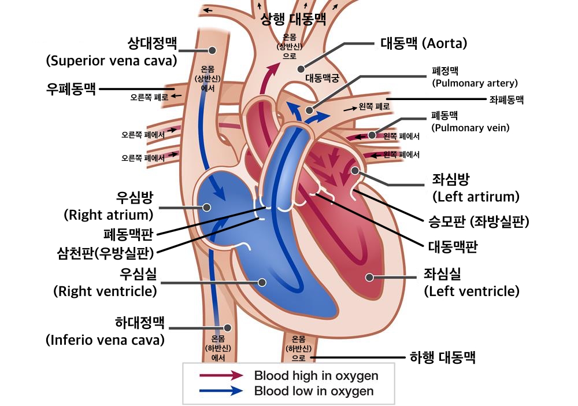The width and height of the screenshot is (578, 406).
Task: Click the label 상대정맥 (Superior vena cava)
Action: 111,52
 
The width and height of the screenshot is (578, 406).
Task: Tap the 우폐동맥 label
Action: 71,89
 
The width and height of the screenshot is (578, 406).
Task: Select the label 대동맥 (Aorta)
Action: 424,43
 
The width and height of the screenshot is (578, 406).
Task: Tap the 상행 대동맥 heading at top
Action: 294,19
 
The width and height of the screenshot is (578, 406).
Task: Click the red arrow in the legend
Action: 221,375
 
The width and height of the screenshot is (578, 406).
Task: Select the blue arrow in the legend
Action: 221,391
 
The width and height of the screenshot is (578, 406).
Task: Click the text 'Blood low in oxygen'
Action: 314,391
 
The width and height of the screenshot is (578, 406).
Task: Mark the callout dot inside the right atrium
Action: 206,206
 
